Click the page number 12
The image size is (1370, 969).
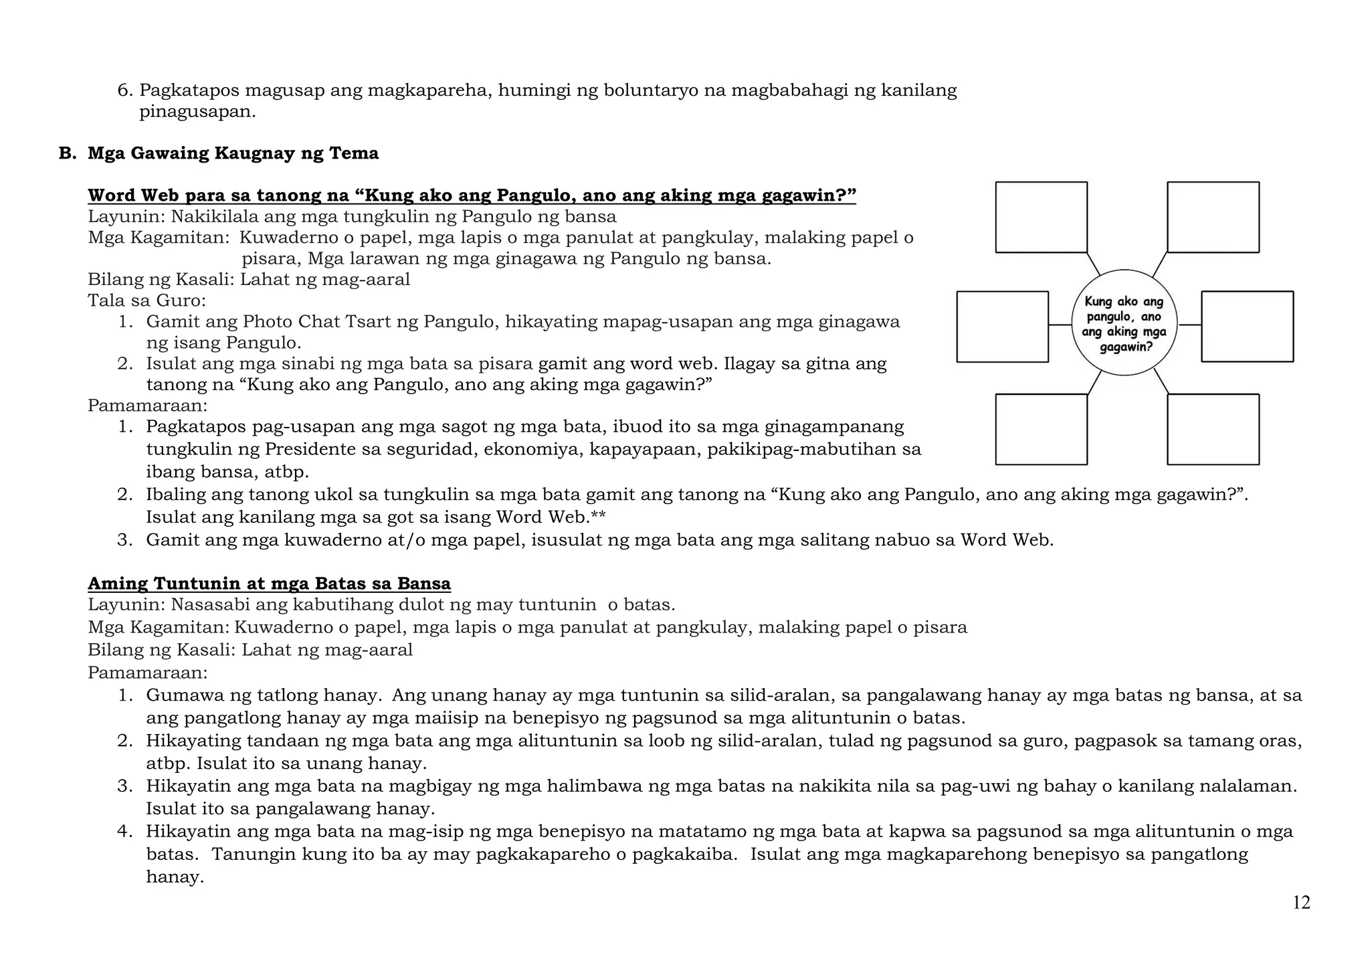click(1301, 903)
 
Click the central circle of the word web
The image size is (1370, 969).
click(1124, 323)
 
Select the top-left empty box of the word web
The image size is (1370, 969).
click(1041, 217)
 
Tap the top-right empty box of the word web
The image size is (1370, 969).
click(1213, 217)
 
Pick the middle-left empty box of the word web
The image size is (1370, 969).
click(1002, 327)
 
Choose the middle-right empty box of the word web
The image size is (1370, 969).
click(1247, 327)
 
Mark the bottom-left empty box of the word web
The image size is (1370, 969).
click(1041, 429)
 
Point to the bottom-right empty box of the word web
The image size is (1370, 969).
click(1213, 429)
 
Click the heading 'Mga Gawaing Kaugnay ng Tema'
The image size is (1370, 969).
click(233, 153)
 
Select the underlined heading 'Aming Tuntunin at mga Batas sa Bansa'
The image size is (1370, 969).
click(269, 584)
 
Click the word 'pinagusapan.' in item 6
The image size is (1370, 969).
click(197, 112)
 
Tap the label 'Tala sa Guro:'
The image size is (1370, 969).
click(146, 300)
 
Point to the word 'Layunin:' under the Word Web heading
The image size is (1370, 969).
click(126, 217)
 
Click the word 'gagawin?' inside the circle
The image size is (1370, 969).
click(1127, 347)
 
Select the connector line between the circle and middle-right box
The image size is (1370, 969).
click(1189, 325)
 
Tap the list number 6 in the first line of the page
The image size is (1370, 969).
click(122, 90)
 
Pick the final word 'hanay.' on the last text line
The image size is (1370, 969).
click(175, 877)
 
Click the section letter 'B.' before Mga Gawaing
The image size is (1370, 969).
click(68, 153)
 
